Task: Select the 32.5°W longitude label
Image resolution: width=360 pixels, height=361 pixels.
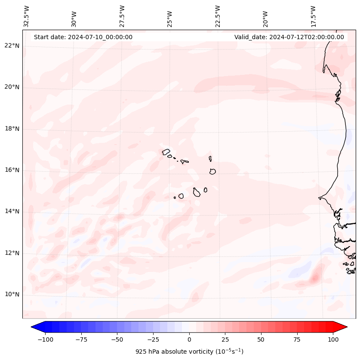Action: coord(27,16)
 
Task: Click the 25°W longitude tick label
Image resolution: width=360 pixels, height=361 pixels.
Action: coord(170,16)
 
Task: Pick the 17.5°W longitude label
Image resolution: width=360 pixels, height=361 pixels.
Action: coord(314,16)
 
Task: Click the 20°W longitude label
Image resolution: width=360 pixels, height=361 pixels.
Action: coord(266,16)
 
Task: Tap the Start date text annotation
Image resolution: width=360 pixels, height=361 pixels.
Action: coord(83,37)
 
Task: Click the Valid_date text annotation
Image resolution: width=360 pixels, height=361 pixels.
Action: coord(289,37)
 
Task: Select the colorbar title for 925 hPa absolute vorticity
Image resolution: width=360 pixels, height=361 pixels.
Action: coord(189,352)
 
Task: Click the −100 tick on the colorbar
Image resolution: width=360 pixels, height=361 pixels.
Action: coord(46,339)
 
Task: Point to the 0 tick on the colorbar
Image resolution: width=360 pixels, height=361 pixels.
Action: coord(189,339)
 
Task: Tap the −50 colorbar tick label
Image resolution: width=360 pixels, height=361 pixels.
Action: coord(117,339)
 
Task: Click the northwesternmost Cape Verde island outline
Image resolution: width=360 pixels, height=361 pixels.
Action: coord(166,151)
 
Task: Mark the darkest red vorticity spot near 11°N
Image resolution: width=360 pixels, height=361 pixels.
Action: coord(314,278)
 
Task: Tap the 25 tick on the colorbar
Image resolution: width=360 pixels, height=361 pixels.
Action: coord(225,339)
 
